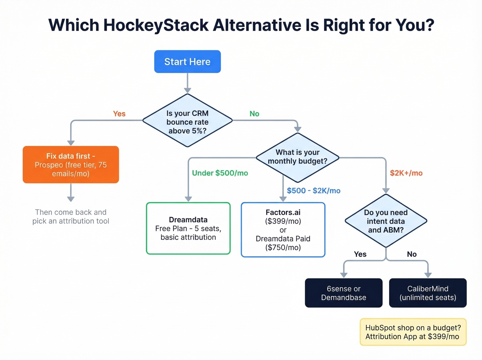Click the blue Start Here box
(187, 62)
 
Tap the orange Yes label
(119, 114)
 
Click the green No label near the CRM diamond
(254, 114)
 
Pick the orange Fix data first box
(71, 165)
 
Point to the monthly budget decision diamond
(297, 157)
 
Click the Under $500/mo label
(220, 173)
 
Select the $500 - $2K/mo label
(313, 191)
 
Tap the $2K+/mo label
(406, 173)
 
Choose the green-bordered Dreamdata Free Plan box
(188, 228)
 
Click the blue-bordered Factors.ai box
(283, 230)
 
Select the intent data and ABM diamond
(386, 221)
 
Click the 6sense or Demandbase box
(343, 293)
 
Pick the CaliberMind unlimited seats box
(428, 293)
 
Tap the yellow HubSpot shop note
(412, 332)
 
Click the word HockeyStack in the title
(156, 25)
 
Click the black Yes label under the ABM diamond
(360, 254)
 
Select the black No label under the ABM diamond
(411, 254)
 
